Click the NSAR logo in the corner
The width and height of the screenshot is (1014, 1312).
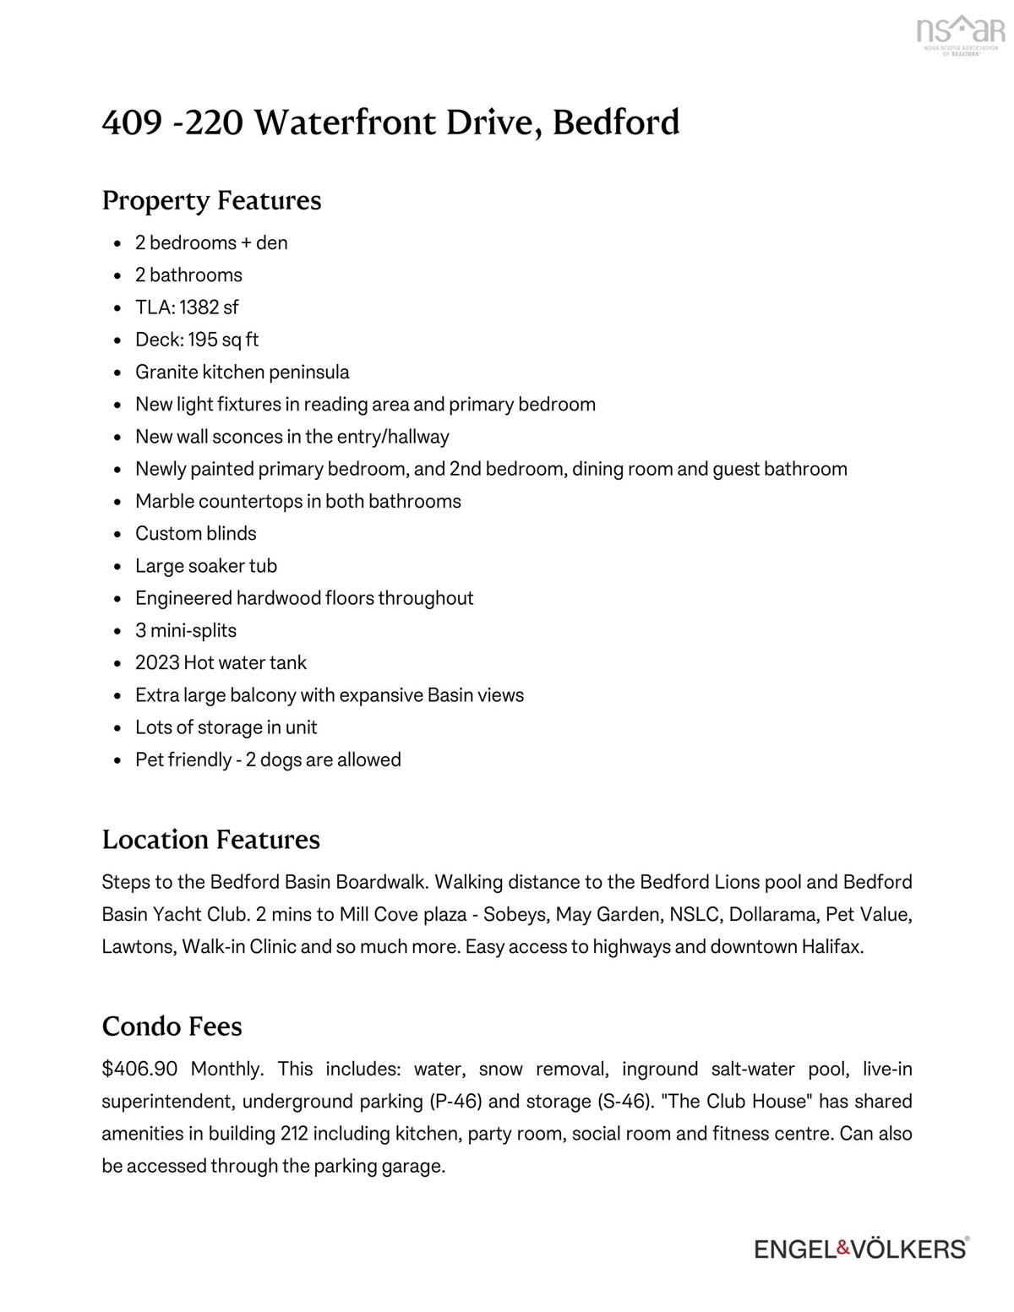(961, 36)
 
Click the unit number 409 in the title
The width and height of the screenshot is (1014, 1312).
(132, 123)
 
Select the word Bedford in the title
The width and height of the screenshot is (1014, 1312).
(616, 123)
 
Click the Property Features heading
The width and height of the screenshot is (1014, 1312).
(211, 201)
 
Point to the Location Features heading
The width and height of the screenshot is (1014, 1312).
(210, 840)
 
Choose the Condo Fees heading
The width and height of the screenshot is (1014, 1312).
(172, 1026)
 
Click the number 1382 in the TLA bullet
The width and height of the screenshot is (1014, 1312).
(199, 308)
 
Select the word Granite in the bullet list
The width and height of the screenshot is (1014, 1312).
(166, 373)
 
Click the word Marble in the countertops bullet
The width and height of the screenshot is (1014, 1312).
(165, 502)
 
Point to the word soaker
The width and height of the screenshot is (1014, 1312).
(218, 566)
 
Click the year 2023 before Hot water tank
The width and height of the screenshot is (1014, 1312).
(157, 663)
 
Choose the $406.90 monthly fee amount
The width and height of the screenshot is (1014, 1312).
(139, 1070)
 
